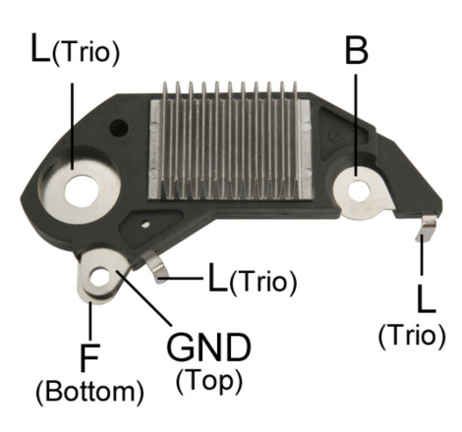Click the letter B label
357,50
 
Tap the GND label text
208,347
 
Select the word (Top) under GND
209,381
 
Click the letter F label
88,358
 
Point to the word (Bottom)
89,392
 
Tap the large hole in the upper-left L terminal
82,191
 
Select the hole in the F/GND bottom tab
100,279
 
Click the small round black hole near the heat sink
119,128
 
